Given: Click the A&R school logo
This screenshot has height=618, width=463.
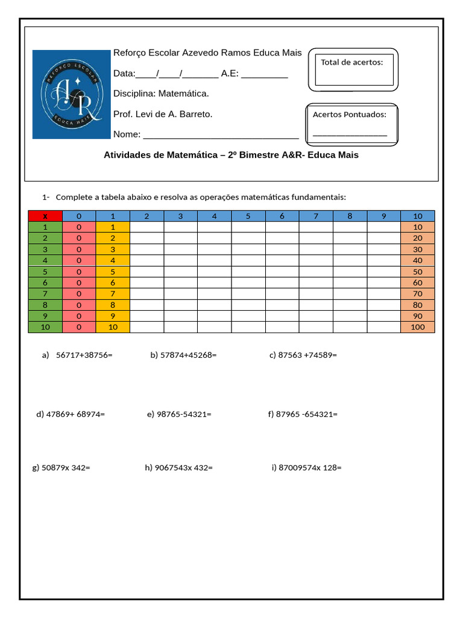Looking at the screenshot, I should click(71, 94).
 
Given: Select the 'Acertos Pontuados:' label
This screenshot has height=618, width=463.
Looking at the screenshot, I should click(350, 114).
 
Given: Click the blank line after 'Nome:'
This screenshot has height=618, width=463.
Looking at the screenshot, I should click(221, 135).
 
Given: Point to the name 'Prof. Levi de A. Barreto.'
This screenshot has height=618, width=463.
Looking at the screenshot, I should click(163, 114).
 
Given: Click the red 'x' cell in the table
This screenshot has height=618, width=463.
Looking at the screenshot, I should click(45, 216).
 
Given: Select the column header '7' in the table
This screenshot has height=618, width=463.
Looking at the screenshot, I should click(315, 216).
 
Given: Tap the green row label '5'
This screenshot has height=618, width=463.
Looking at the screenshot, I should click(45, 272).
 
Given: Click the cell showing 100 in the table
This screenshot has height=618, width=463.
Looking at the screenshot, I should click(417, 327).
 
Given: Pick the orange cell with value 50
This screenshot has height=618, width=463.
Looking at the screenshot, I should click(417, 272).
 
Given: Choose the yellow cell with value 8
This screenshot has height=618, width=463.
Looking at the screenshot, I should click(113, 305).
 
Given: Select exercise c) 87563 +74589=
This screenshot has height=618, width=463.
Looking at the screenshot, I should click(303, 355).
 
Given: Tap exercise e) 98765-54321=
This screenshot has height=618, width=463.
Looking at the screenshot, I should click(179, 414).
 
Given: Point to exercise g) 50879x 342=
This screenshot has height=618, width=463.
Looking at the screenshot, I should click(61, 468).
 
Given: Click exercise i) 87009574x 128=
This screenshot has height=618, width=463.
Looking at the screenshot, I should click(306, 468).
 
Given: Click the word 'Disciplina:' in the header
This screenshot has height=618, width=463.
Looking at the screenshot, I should click(134, 94).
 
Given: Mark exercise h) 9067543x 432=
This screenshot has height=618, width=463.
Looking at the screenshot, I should click(178, 468).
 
